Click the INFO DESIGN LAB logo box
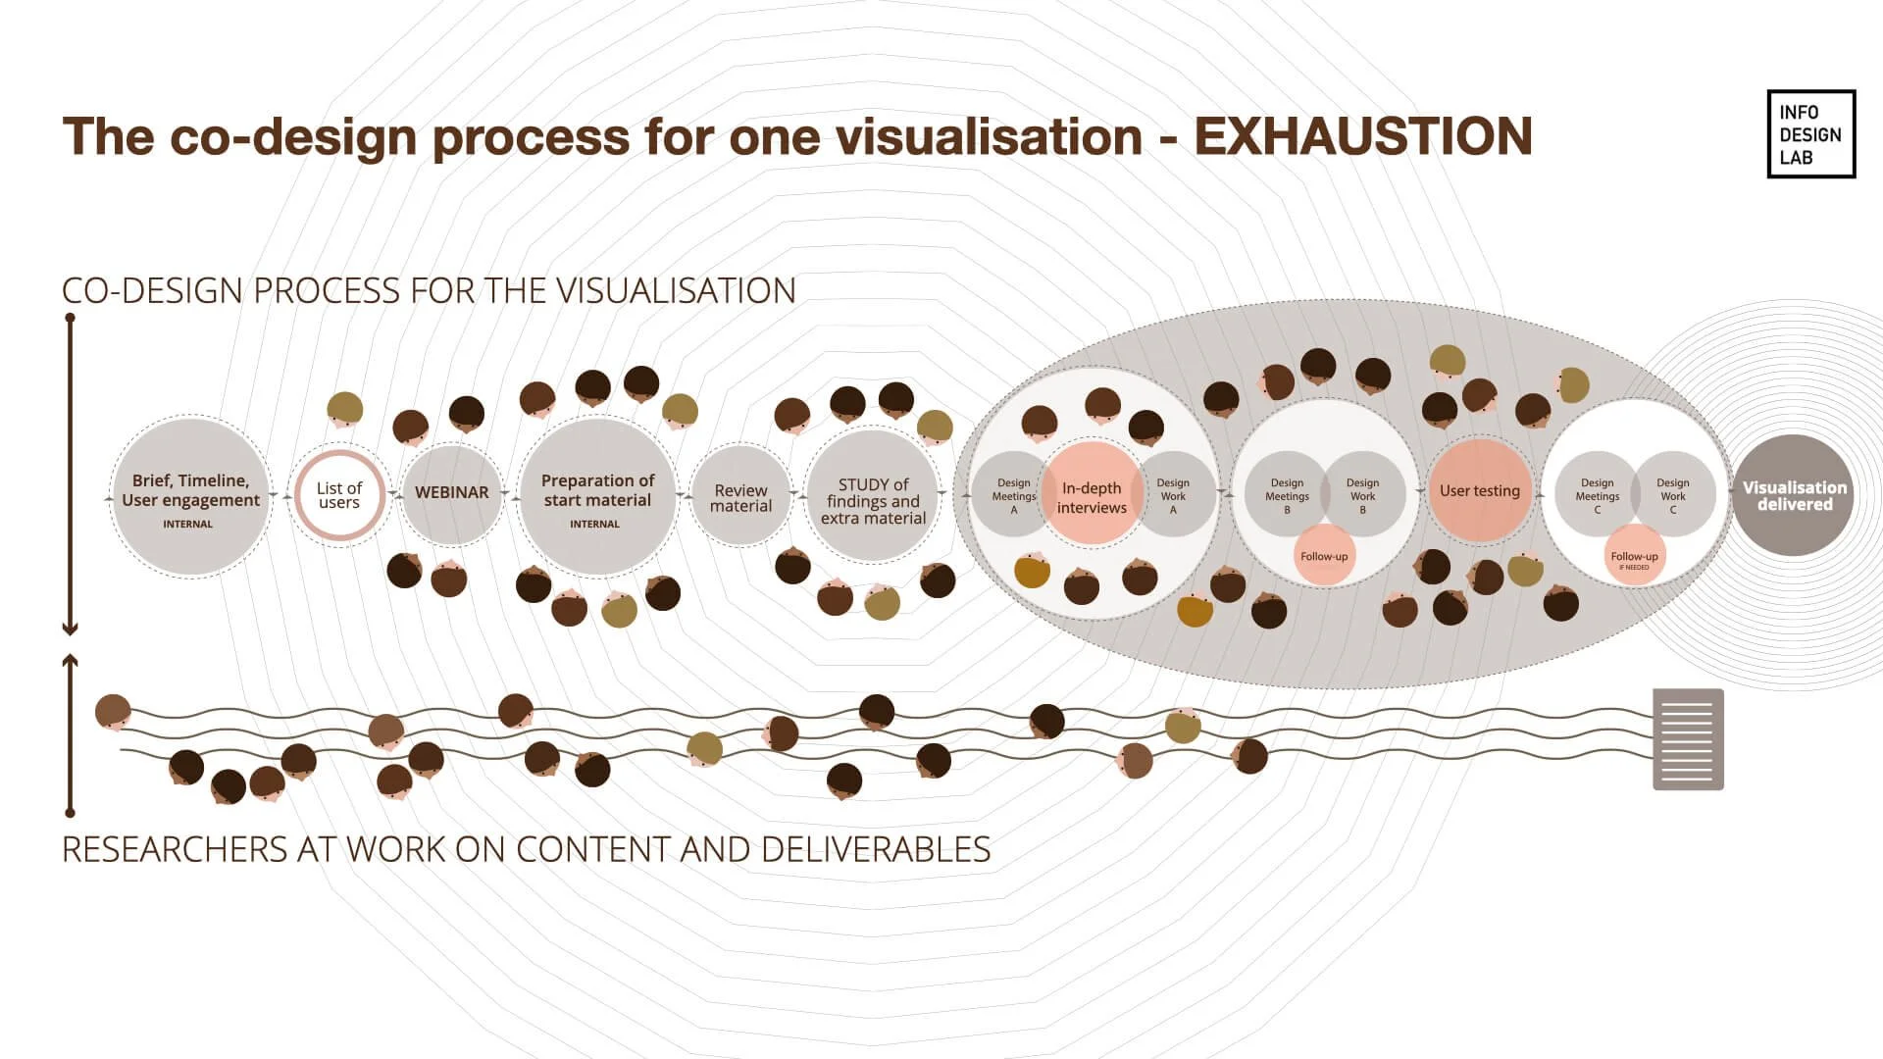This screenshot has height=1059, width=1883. [1810, 134]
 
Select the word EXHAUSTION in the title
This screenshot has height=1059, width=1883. [1362, 136]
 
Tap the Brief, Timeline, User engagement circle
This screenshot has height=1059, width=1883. [190, 497]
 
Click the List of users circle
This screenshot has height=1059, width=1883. [339, 495]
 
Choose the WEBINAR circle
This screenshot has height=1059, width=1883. [451, 493]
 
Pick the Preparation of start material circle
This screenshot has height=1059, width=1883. [597, 497]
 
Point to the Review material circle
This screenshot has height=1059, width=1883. [740, 497]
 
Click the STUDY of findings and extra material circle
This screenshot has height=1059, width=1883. [873, 498]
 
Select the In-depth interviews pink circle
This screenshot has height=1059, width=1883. [1092, 496]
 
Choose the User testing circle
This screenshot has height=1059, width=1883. [1479, 490]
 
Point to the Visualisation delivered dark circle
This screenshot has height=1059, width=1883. [1794, 495]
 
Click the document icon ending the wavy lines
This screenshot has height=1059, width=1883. [1688, 739]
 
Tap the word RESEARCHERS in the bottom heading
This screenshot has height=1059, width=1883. [175, 849]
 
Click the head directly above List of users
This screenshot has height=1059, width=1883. [344, 409]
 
